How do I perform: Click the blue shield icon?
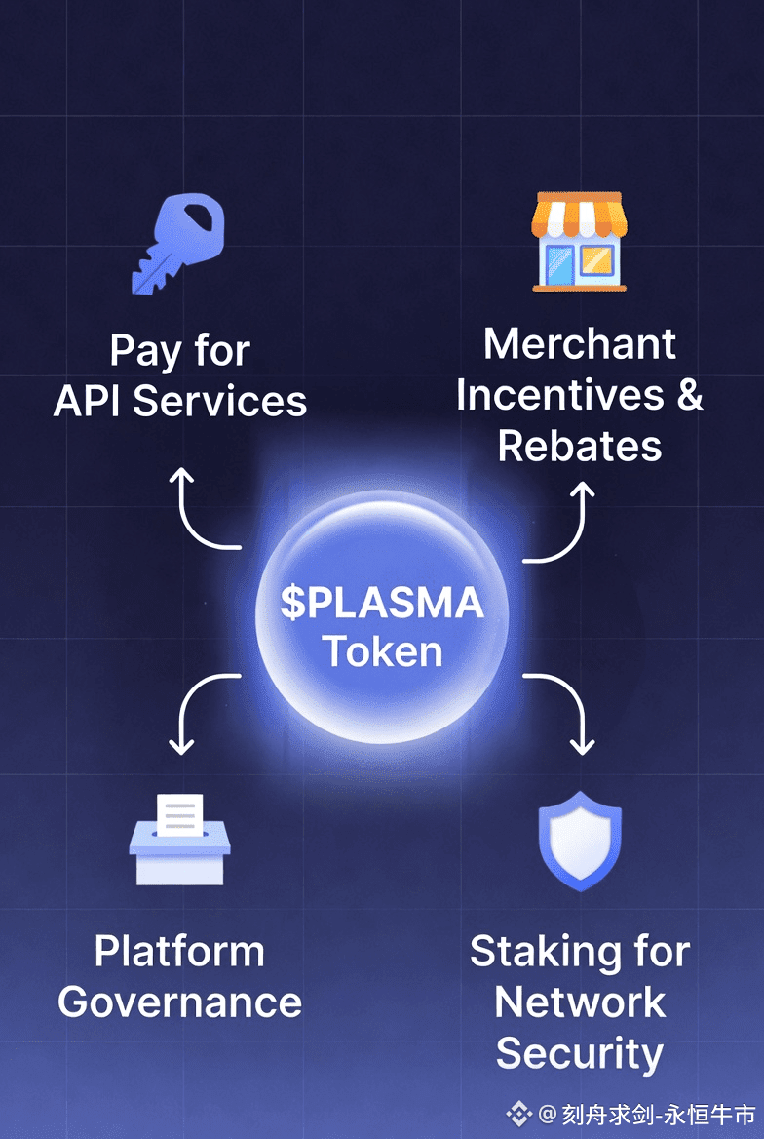point(580,841)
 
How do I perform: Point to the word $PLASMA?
point(382,603)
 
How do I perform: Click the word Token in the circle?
point(383,651)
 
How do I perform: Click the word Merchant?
point(579,343)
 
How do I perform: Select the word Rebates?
point(579,446)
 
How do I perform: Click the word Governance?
point(180,1002)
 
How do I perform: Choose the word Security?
point(580,1054)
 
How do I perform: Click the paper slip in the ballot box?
point(180,814)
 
